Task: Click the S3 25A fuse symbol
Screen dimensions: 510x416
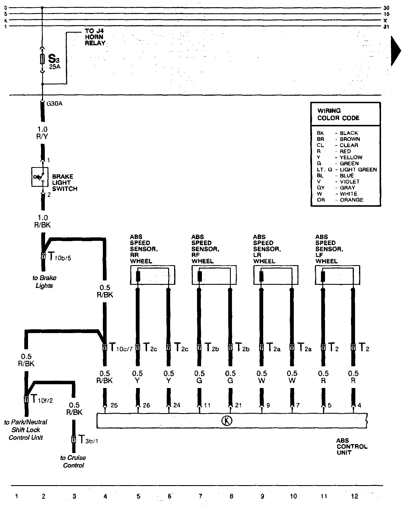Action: pos(43,59)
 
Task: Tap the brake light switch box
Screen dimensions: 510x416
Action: pos(40,177)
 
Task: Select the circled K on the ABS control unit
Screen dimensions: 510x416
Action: pos(227,421)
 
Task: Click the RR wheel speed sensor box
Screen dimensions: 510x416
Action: pos(153,275)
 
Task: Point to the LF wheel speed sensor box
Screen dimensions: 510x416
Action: pos(337,275)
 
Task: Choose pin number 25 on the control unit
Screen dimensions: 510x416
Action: pos(114,405)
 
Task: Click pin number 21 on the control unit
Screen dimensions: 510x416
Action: pos(238,405)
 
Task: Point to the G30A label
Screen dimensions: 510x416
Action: pos(54,104)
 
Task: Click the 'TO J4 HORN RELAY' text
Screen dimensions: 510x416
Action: pos(95,37)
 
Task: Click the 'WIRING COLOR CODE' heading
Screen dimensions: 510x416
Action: pos(338,114)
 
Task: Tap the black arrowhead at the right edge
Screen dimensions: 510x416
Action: pos(395,51)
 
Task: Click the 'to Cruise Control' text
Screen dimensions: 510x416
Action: pos(73,461)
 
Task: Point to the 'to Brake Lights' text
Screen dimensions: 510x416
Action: pos(44,282)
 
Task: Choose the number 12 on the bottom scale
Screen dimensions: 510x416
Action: pos(354,496)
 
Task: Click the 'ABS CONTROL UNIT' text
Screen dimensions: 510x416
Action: pos(352,446)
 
